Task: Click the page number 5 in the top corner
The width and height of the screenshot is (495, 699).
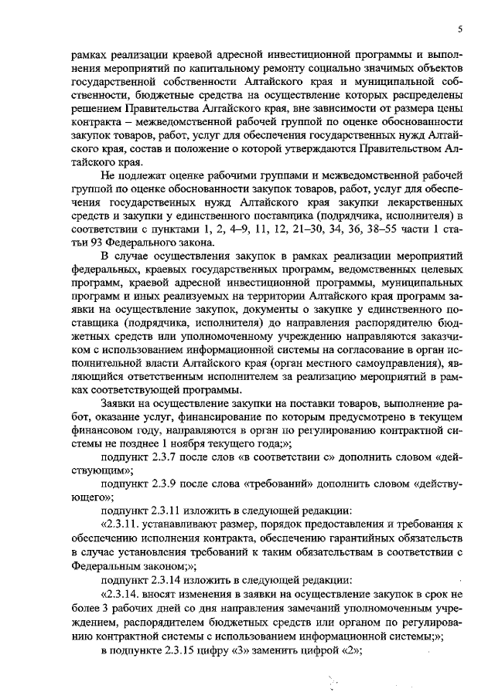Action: (459, 29)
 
